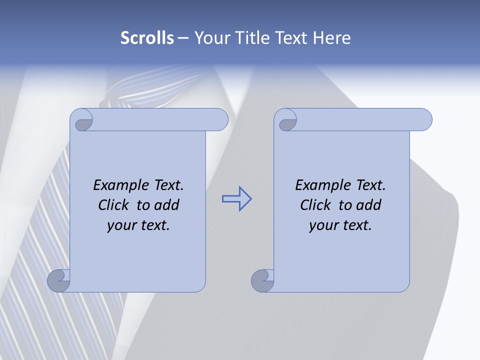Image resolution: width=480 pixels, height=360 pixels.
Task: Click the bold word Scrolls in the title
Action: tap(147, 38)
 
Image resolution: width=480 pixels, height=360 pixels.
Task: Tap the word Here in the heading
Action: tap(331, 38)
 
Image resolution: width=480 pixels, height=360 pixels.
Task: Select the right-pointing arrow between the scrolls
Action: tap(236, 199)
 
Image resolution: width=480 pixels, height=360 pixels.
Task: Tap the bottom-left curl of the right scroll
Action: tap(262, 281)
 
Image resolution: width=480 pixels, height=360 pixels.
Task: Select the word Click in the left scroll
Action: tap(114, 205)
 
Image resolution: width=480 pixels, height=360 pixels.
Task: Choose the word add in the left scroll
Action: tap(166, 205)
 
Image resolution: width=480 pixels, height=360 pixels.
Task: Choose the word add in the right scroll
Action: tap(368, 205)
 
